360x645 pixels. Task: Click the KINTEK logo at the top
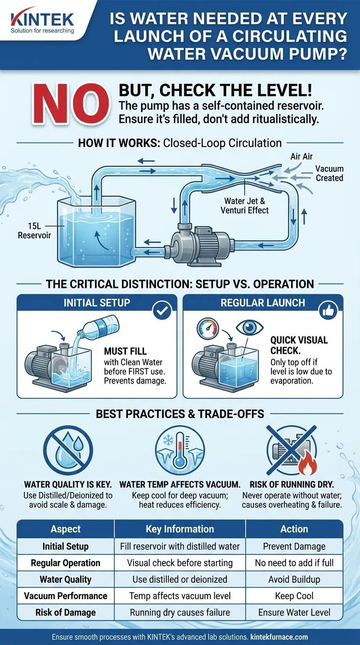pyautogui.click(x=42, y=20)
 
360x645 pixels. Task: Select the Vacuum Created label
pyautogui.click(x=329, y=173)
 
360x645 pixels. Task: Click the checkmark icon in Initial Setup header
pyautogui.click(x=162, y=310)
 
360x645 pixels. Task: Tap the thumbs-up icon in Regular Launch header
pyautogui.click(x=328, y=310)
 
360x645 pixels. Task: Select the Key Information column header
pyautogui.click(x=180, y=529)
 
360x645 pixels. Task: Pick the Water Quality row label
pyautogui.click(x=65, y=579)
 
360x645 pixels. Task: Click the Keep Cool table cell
pyautogui.click(x=294, y=596)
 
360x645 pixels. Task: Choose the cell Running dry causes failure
pyautogui.click(x=180, y=612)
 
